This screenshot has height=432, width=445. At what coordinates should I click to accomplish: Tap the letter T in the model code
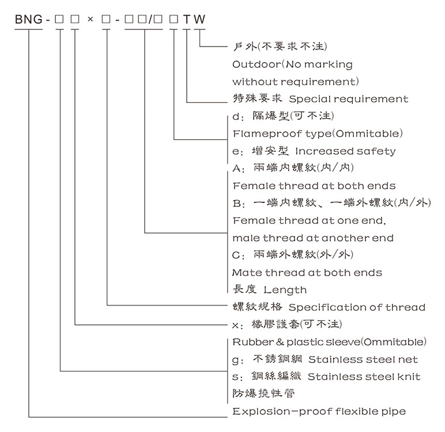click(186, 19)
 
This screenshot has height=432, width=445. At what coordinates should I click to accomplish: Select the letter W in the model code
click(199, 19)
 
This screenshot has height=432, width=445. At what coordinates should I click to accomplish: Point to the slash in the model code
click(151, 19)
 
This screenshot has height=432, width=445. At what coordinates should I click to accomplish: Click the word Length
click(285, 290)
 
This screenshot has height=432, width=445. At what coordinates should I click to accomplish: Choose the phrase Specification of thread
click(357, 307)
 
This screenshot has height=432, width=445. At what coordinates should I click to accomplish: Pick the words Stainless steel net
click(363, 360)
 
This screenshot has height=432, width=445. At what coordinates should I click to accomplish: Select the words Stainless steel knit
click(364, 377)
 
